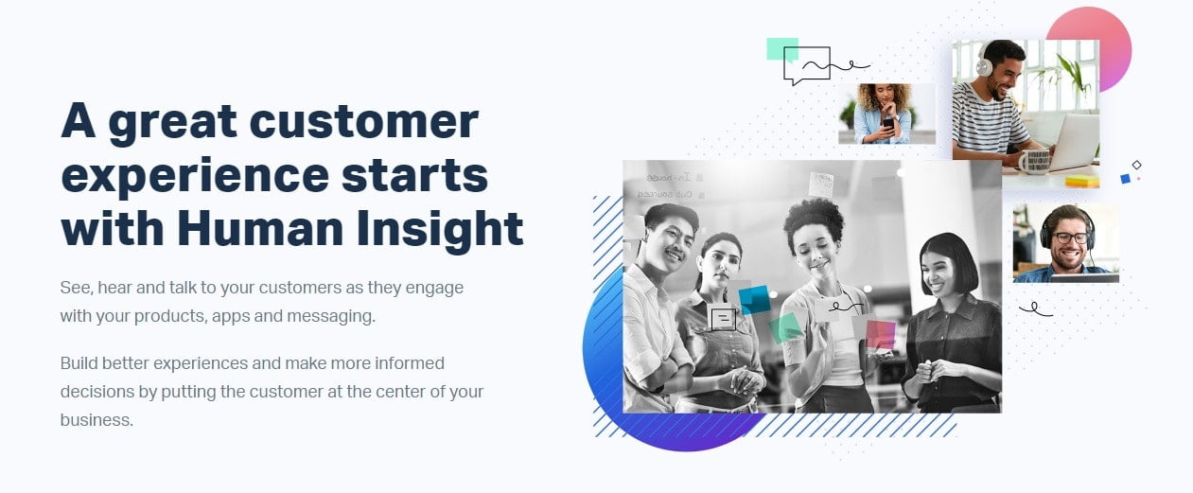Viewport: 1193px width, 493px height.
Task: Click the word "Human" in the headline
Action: click(x=261, y=228)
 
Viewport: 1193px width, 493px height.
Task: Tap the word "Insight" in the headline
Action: click(x=440, y=230)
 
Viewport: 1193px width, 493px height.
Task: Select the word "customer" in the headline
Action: click(x=363, y=121)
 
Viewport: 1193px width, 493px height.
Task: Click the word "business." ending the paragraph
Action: click(x=96, y=420)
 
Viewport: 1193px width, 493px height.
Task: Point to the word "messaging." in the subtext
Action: click(x=331, y=317)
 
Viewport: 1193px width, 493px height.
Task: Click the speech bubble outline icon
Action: click(x=806, y=65)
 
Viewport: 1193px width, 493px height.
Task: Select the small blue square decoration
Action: click(x=1126, y=179)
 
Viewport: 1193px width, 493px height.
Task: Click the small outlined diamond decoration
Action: click(x=1136, y=166)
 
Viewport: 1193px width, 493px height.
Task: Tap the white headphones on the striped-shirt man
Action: click(x=983, y=62)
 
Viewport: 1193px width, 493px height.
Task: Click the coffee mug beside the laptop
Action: click(x=1034, y=162)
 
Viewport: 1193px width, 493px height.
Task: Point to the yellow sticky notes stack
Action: click(x=1082, y=182)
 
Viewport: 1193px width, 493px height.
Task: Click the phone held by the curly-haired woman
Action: click(x=888, y=125)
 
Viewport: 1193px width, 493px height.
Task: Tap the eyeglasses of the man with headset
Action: click(x=1070, y=238)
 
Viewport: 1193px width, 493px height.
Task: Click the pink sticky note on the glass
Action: click(x=881, y=334)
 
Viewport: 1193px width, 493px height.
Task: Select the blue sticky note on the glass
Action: click(x=754, y=300)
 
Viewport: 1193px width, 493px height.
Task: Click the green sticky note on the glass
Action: click(x=785, y=327)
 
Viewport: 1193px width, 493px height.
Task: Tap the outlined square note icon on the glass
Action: click(x=723, y=319)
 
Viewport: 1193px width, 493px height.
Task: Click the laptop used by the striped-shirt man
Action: click(x=1073, y=140)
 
